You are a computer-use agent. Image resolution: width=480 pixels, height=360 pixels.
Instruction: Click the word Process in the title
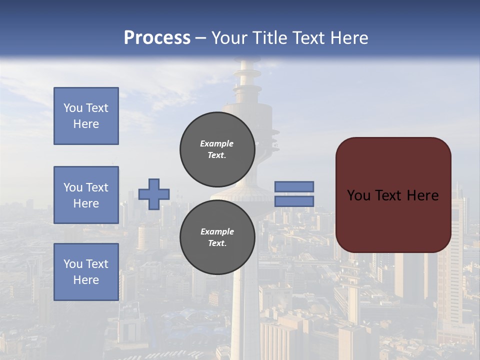pyautogui.click(x=157, y=38)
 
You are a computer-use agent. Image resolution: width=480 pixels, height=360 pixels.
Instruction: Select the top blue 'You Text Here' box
pyautogui.click(x=86, y=116)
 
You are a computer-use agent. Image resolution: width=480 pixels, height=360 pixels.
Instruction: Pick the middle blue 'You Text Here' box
pyautogui.click(x=86, y=195)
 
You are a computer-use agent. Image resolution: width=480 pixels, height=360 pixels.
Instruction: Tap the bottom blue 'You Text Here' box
pyautogui.click(x=86, y=272)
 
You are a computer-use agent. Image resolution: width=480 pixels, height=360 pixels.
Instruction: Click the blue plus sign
pyautogui.click(x=154, y=194)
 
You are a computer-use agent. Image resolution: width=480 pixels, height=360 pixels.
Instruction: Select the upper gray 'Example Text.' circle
pyautogui.click(x=217, y=149)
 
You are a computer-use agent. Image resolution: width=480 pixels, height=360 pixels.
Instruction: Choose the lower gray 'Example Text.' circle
pyautogui.click(x=217, y=237)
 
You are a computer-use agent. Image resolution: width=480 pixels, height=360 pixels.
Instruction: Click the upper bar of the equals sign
pyautogui.click(x=294, y=186)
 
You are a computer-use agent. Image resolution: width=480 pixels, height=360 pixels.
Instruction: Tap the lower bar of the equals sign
pyautogui.click(x=294, y=201)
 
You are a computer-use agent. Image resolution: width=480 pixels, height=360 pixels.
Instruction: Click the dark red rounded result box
pyautogui.click(x=393, y=220)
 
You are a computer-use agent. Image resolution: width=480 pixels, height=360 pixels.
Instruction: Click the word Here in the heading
pyautogui.click(x=349, y=38)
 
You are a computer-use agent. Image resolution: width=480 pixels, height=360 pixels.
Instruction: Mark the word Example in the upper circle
pyautogui.click(x=216, y=143)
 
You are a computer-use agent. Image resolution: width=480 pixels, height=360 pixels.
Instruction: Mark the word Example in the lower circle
pyautogui.click(x=217, y=231)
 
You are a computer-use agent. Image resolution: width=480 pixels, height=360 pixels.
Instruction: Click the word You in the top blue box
pyautogui.click(x=72, y=108)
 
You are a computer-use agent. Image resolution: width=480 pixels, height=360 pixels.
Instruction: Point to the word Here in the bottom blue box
pyautogui.click(x=86, y=280)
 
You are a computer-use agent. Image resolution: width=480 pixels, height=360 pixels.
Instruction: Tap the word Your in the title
pyautogui.click(x=230, y=38)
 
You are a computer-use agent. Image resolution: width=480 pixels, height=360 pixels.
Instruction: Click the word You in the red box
pyautogui.click(x=358, y=195)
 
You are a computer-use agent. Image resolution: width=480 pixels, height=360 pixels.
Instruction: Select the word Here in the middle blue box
pyautogui.click(x=86, y=203)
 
